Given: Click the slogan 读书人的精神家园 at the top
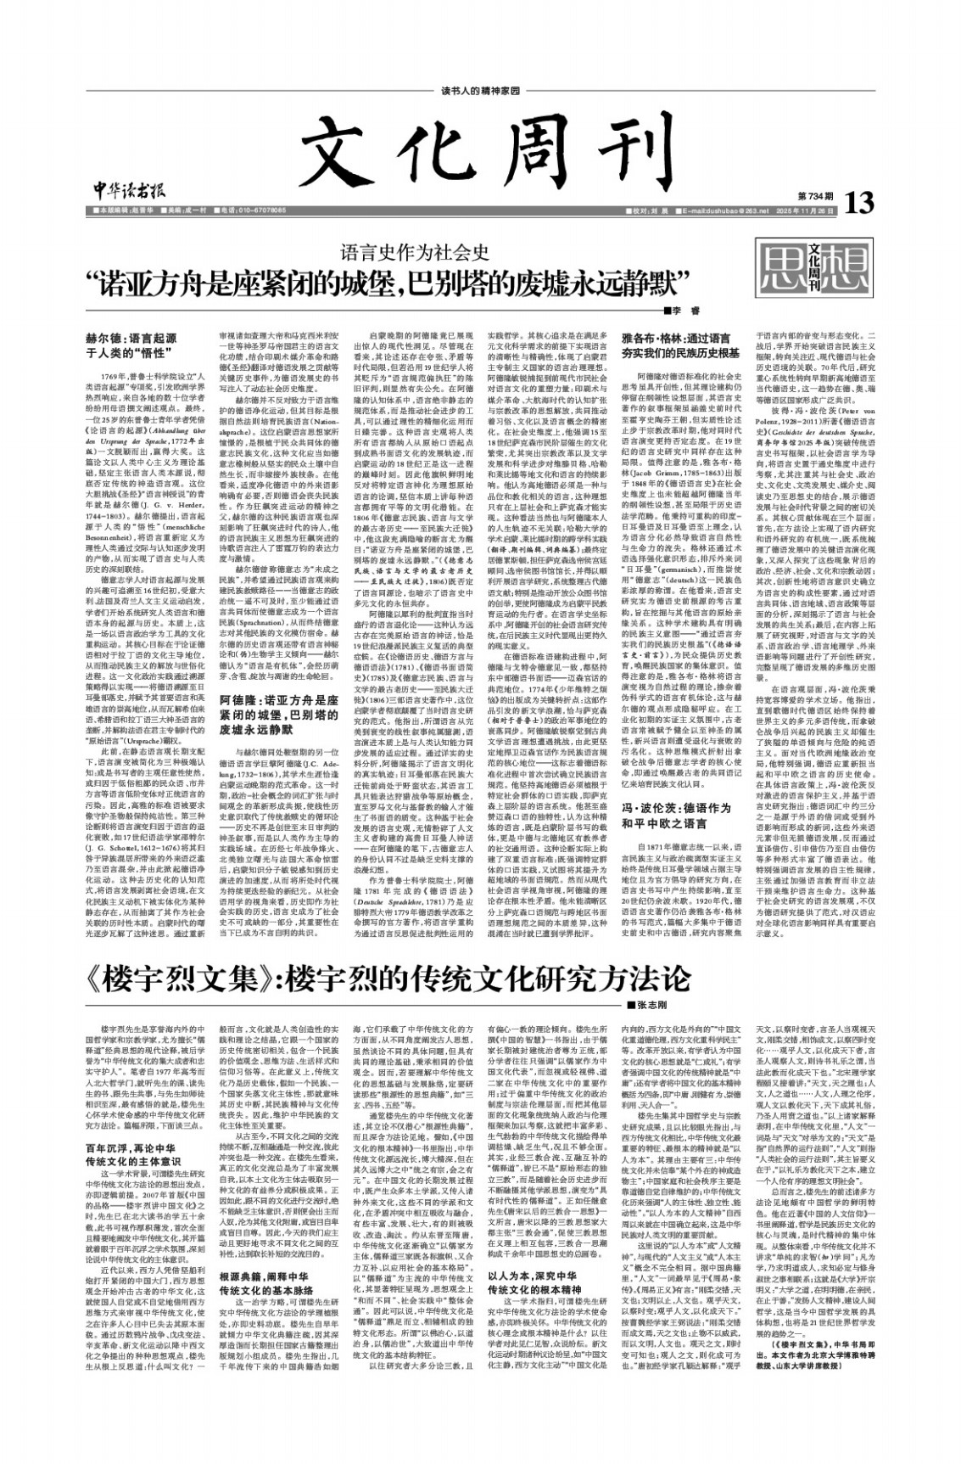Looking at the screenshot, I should (x=481, y=92).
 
